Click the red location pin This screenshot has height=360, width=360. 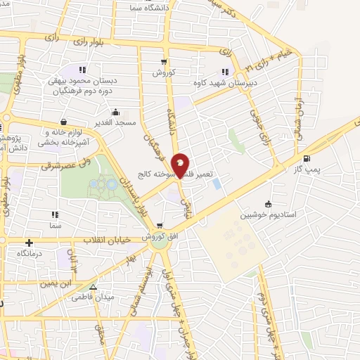(x=181, y=165)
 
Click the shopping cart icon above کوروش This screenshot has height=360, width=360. (x=164, y=61)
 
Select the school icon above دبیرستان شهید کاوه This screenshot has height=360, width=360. (x=225, y=71)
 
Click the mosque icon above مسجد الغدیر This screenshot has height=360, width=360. (x=116, y=112)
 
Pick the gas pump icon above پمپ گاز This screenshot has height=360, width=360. (x=307, y=158)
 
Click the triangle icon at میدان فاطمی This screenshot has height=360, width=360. (x=93, y=286)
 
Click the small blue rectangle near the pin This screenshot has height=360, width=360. (x=216, y=184)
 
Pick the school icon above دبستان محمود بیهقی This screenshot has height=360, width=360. (x=82, y=70)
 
